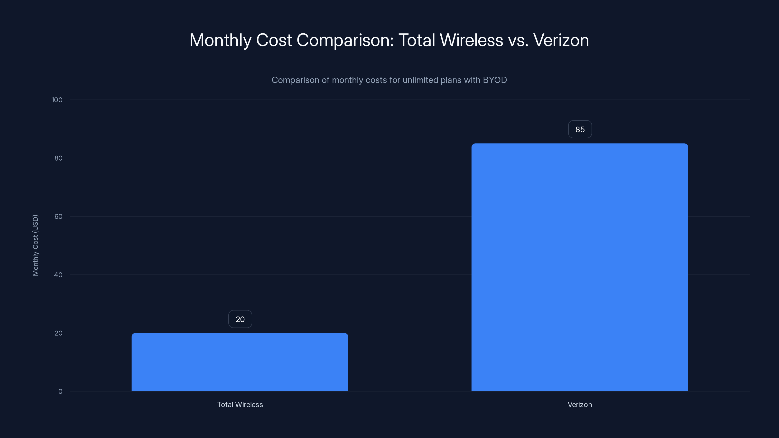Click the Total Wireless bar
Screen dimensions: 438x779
pos(240,362)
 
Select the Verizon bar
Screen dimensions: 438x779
pos(579,267)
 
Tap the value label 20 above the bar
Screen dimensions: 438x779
pos(240,319)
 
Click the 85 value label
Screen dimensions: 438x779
pos(580,129)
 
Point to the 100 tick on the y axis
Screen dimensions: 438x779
pos(57,100)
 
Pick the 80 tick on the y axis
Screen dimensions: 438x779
pos(58,158)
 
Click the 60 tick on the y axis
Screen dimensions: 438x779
pos(58,216)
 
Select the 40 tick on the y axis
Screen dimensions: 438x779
pos(58,275)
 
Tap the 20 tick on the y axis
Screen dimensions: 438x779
pos(58,333)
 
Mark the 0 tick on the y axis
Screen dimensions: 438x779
pos(60,392)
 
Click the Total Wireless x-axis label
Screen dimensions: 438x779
pos(240,404)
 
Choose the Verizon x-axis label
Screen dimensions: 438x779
pos(579,404)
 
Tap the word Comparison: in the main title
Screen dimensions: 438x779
pos(345,40)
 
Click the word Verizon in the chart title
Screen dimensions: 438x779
pos(561,40)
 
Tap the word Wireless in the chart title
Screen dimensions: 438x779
pos(471,40)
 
